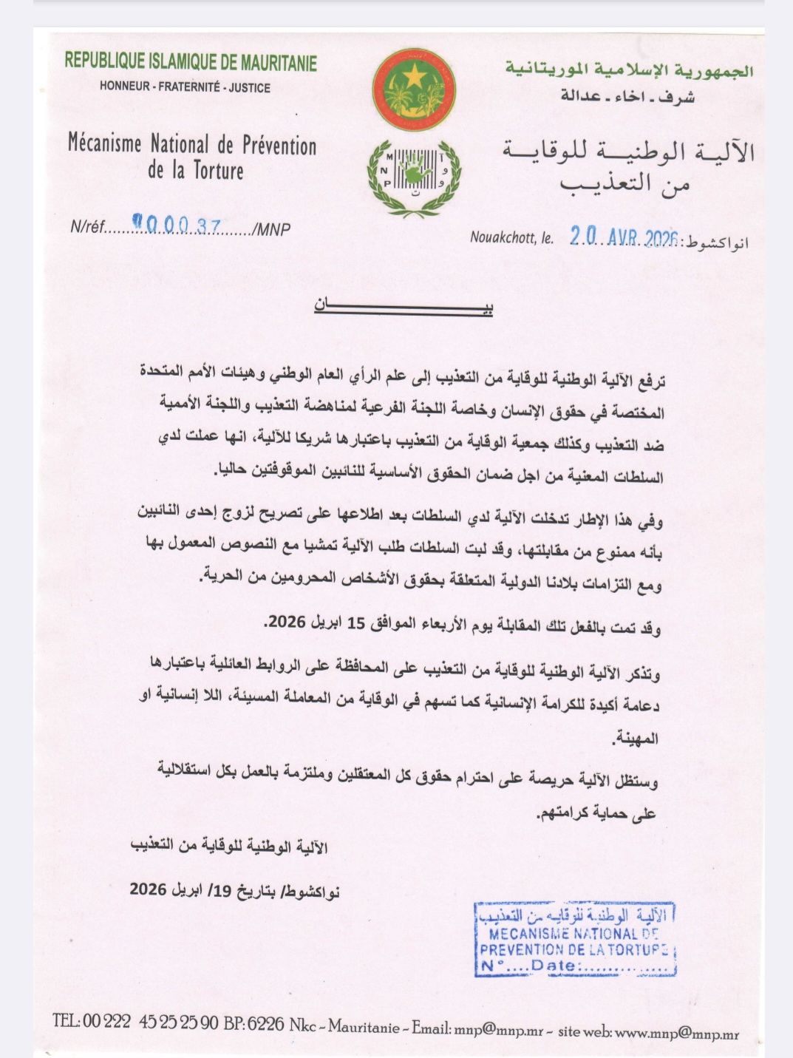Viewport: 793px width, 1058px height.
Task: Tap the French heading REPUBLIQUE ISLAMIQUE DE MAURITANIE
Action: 191,61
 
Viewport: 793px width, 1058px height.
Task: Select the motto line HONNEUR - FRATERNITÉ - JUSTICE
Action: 185,87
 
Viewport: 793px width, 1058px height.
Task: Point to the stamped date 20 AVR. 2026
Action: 624,237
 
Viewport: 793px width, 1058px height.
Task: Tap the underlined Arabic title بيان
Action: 404,306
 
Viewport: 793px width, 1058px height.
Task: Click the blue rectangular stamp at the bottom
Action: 576,939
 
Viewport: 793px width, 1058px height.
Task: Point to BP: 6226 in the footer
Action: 253,1023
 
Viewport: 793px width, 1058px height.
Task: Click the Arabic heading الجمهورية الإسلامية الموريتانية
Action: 630,69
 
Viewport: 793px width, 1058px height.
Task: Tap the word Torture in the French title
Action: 219,171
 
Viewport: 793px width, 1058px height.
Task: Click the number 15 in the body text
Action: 355,623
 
